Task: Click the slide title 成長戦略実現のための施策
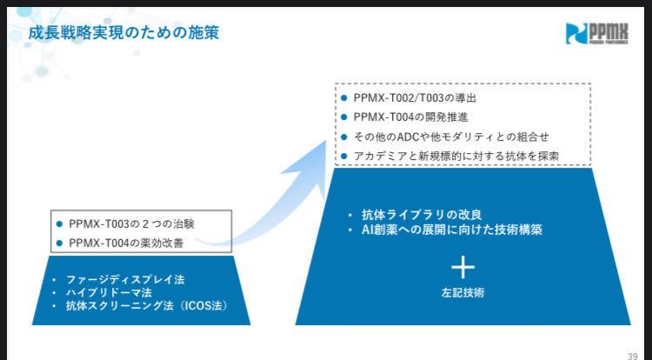point(123,33)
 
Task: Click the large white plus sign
point(462,266)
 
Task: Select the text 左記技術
point(462,293)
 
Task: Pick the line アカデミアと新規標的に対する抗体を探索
point(456,156)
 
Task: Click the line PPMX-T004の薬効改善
point(130,243)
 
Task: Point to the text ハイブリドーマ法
point(109,293)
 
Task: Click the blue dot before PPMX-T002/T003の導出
point(344,97)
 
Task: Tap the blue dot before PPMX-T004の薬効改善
point(59,243)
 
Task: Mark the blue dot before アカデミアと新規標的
point(344,156)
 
